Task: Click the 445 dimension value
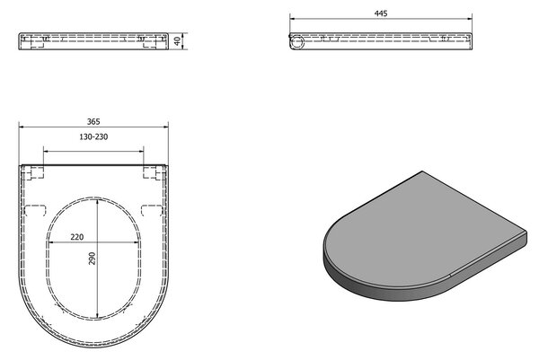(x=381, y=13)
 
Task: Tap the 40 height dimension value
(x=177, y=41)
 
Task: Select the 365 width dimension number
(x=93, y=121)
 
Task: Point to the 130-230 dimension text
(x=93, y=136)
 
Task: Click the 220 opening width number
(x=77, y=237)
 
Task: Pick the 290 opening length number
(x=92, y=259)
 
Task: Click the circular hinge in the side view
(x=296, y=42)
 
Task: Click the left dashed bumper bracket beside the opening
(x=36, y=210)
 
